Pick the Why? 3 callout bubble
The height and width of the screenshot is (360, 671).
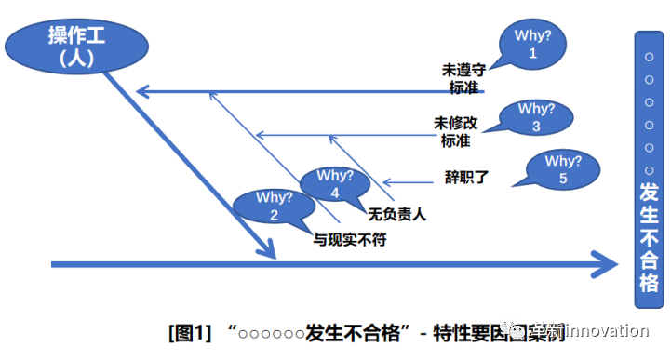point(537,117)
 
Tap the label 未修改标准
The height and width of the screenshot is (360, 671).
point(455,132)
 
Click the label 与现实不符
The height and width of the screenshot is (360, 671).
point(349,239)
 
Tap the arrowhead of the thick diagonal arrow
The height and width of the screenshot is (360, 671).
point(266,249)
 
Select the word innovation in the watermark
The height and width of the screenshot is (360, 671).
point(605,331)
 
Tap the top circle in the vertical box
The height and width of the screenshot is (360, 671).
point(649,58)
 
